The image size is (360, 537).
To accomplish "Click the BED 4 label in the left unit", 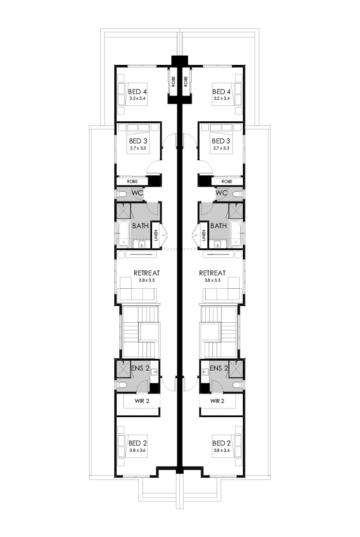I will click(x=137, y=92).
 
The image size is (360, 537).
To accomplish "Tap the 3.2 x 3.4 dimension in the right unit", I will click(x=222, y=99).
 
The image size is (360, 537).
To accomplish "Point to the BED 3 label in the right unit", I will click(x=221, y=141).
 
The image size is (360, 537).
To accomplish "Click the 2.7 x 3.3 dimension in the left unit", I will click(x=138, y=148).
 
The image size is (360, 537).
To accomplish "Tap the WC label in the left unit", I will click(x=137, y=193).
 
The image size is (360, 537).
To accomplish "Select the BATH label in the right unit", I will click(x=219, y=226).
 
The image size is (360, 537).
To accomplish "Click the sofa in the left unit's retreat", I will click(x=137, y=291).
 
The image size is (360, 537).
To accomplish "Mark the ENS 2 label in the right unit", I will click(x=219, y=368).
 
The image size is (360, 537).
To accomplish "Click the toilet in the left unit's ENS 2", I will click(x=122, y=385).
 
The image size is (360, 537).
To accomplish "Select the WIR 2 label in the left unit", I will click(x=141, y=401).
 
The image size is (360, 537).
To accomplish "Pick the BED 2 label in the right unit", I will click(x=221, y=443).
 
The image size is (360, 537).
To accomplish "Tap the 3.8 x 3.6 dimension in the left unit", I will click(x=138, y=450).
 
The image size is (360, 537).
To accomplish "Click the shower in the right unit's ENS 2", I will click(x=236, y=369).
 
